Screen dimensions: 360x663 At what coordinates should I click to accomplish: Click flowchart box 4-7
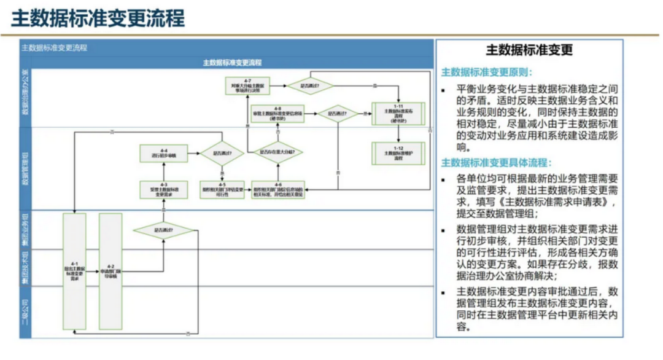[247, 86]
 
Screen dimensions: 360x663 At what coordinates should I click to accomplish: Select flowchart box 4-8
[277, 114]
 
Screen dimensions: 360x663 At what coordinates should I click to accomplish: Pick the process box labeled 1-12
[398, 153]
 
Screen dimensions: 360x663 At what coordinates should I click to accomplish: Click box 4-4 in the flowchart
[163, 153]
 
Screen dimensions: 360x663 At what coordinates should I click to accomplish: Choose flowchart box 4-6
[278, 190]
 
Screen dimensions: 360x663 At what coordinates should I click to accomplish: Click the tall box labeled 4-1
[74, 270]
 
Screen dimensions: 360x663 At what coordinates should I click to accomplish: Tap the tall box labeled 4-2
[110, 270]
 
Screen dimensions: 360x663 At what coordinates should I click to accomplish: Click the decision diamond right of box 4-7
[311, 86]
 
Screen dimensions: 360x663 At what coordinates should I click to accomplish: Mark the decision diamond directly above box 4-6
[278, 151]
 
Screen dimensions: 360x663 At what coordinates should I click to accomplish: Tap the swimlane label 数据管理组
[26, 169]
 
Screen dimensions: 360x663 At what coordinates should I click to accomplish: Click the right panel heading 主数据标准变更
[529, 51]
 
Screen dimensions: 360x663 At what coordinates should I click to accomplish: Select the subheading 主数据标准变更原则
[487, 71]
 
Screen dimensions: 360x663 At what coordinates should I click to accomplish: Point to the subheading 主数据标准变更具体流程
[497, 163]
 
